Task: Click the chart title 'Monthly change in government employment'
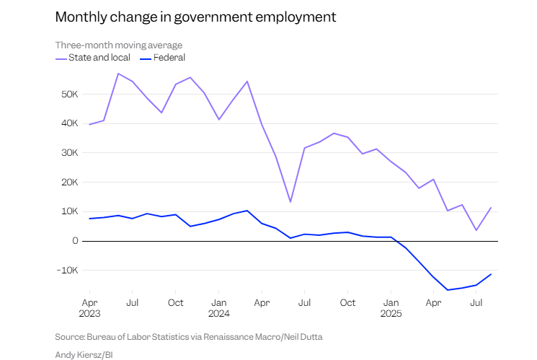click(x=195, y=16)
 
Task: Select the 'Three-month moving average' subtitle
click(x=119, y=45)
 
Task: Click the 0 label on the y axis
click(x=74, y=241)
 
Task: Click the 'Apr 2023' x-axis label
click(x=89, y=309)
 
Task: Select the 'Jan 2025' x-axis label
click(x=391, y=309)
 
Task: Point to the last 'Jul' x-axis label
click(x=476, y=304)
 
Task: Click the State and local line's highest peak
click(x=118, y=74)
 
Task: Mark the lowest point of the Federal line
click(x=448, y=290)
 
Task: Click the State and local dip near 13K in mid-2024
click(x=290, y=202)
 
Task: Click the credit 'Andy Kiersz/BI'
click(x=84, y=354)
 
